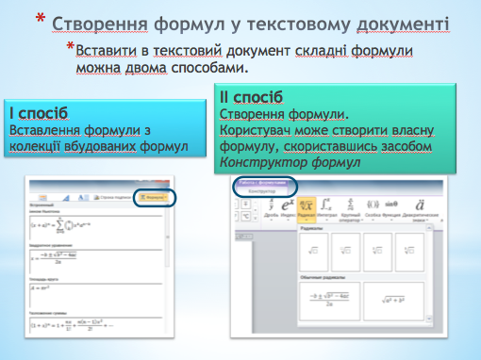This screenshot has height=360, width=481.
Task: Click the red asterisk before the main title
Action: (39, 18)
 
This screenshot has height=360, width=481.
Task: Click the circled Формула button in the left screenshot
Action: (154, 196)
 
